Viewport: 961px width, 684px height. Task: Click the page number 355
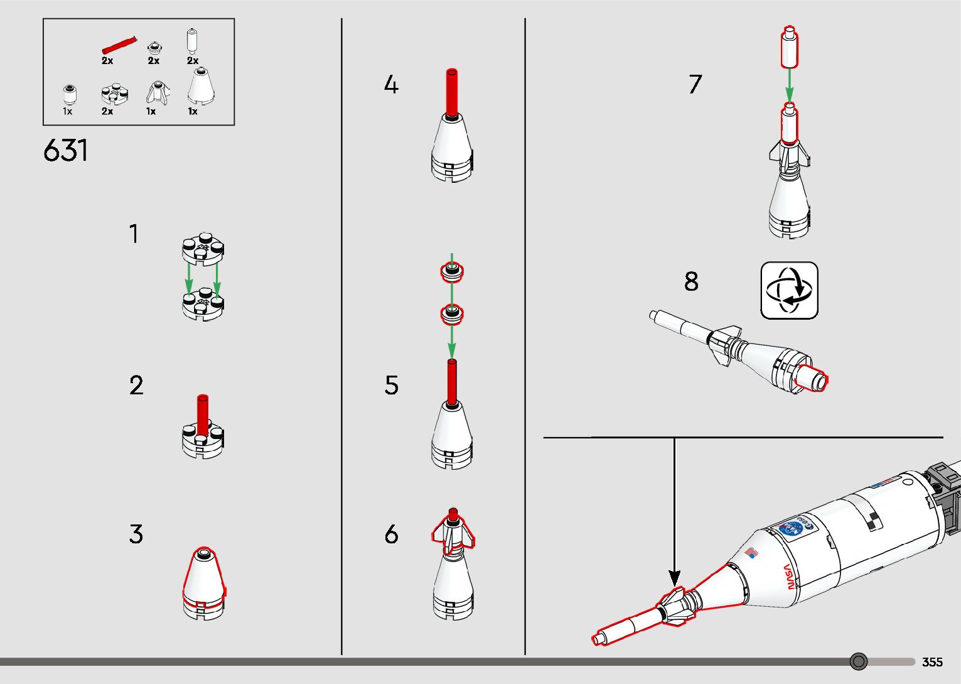click(932, 662)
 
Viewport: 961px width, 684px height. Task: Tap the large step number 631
click(65, 151)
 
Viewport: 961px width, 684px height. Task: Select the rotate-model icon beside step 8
click(789, 291)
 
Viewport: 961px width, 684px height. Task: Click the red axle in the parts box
click(119, 46)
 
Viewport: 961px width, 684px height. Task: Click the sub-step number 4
click(391, 85)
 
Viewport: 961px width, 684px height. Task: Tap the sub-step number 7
click(695, 85)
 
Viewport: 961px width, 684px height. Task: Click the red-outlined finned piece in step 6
click(453, 533)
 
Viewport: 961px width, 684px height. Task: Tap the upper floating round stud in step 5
click(452, 272)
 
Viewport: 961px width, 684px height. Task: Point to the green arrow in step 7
click(789, 85)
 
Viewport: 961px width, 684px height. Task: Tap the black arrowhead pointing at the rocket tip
click(675, 577)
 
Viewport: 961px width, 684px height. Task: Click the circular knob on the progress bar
click(858, 661)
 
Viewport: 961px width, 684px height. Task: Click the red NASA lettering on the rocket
click(789, 576)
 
